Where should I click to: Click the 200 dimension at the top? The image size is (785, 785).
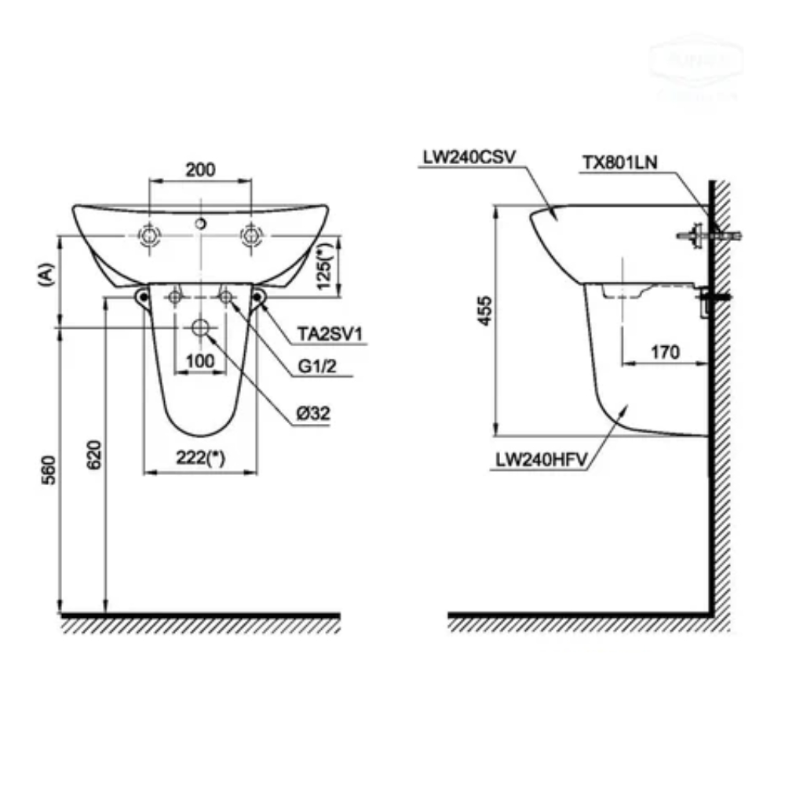click(x=201, y=168)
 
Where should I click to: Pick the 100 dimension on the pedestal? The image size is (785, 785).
click(x=200, y=360)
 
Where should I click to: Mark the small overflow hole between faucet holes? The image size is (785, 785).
click(x=201, y=225)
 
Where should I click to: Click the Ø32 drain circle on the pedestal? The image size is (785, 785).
click(x=201, y=328)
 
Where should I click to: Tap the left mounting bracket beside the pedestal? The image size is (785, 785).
click(x=142, y=297)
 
